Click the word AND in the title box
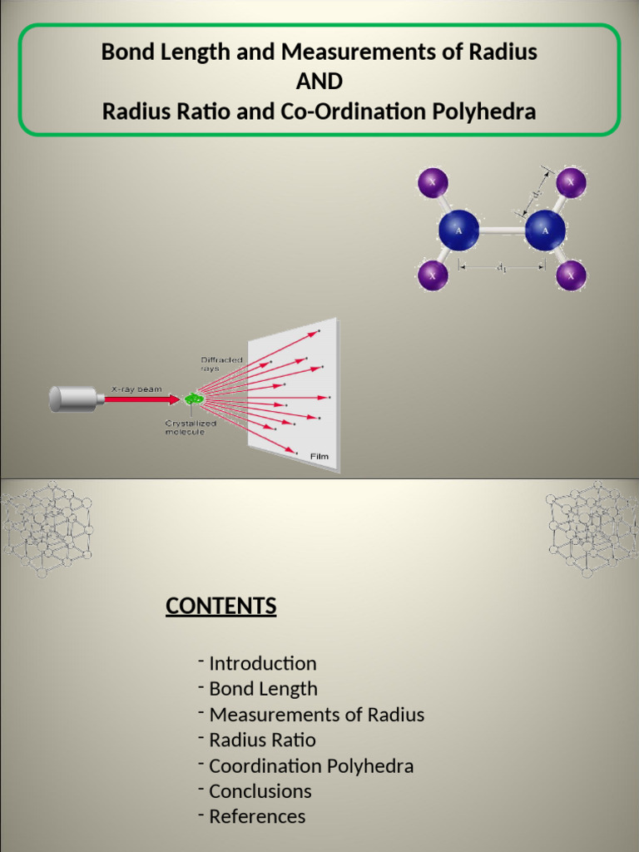pyautogui.click(x=319, y=82)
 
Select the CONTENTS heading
pyautogui.click(x=220, y=606)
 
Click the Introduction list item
pyautogui.click(x=262, y=664)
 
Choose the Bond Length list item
pyautogui.click(x=263, y=689)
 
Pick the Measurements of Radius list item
pyautogui.click(x=316, y=715)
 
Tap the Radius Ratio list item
pyautogui.click(x=262, y=740)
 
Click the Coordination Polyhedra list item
pyautogui.click(x=311, y=765)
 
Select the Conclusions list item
pyautogui.click(x=260, y=791)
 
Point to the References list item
pyautogui.click(x=257, y=816)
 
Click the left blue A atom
pyautogui.click(x=458, y=230)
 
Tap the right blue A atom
pyautogui.click(x=545, y=230)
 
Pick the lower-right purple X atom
pyautogui.click(x=571, y=275)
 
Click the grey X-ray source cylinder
pyautogui.click(x=73, y=399)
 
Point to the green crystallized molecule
pyautogui.click(x=194, y=399)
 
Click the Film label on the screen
pyautogui.click(x=319, y=456)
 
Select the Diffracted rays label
pyautogui.click(x=221, y=363)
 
